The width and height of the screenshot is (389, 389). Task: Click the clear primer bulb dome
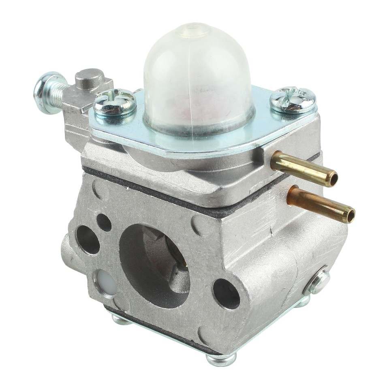[199, 77]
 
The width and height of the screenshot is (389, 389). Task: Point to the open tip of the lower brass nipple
[350, 215]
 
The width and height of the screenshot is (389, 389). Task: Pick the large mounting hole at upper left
[88, 239]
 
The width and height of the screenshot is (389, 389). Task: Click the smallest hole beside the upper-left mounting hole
[104, 222]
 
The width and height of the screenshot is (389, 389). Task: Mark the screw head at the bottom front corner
[221, 359]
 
